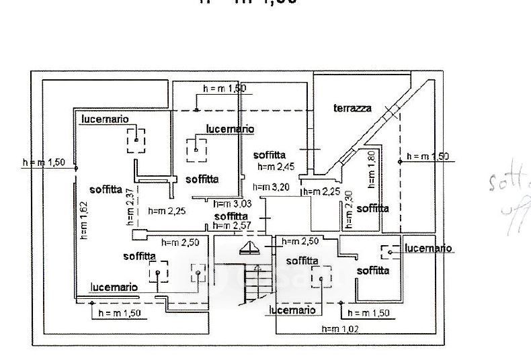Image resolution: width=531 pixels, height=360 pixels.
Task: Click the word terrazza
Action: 352,109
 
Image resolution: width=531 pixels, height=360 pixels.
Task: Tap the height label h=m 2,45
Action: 275,166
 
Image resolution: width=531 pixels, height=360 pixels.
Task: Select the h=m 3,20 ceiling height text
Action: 271,188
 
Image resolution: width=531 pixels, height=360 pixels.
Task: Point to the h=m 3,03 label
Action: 232,204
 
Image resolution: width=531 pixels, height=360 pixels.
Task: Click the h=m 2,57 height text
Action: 232,226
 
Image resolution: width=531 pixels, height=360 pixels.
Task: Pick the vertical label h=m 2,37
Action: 130,208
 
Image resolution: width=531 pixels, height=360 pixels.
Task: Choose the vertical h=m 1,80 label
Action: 370,168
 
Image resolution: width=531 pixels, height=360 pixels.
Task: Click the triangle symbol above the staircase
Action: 250,249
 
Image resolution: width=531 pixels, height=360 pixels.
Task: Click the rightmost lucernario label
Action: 428,248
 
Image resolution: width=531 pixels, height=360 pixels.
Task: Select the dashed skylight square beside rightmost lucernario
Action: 390,252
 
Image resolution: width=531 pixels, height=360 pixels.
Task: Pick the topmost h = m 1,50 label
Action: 225,88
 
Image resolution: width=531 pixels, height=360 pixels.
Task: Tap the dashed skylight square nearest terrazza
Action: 196,146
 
